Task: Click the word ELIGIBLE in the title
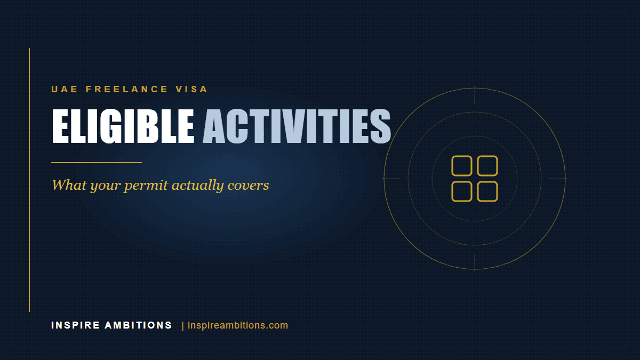pos(123,126)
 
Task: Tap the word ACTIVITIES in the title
pos(297,126)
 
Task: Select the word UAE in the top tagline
pos(65,89)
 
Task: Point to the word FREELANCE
pos(126,89)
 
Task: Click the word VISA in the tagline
pos(191,89)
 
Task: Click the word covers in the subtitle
pos(249,185)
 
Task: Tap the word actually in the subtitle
pos(198,186)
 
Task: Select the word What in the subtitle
pos(69,185)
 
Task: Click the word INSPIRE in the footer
pos(76,325)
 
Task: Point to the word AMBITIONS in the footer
pos(138,325)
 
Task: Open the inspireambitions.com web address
pos(238,325)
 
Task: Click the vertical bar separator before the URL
pos(183,326)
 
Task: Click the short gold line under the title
pos(97,163)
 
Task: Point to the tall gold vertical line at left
pos(29,180)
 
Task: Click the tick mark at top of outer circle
pos(475,95)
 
